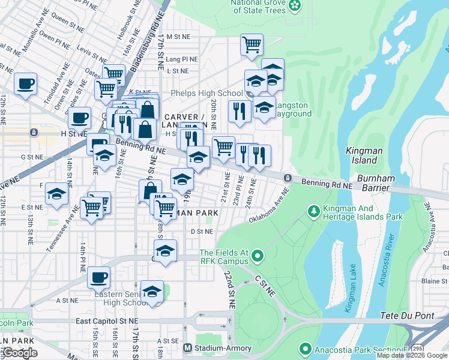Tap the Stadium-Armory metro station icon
(x=187, y=347)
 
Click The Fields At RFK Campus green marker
(x=258, y=257)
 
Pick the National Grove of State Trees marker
(x=295, y=6)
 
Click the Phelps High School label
(x=206, y=93)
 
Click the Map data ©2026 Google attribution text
(x=412, y=355)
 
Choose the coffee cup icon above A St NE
(x=99, y=278)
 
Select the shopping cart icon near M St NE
(x=252, y=44)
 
